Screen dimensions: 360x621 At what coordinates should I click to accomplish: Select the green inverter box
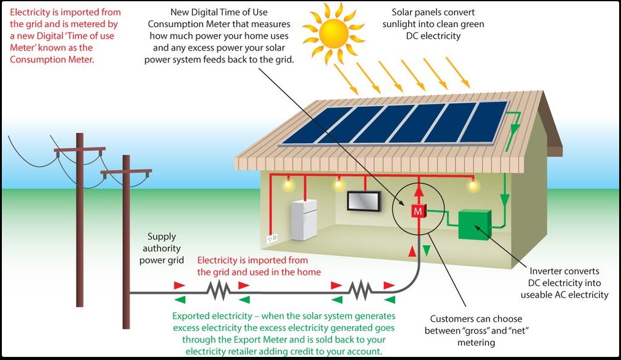pos(474,224)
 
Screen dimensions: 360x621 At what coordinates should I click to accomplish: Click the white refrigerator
pos(304,219)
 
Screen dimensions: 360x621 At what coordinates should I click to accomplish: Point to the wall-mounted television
pos(363,201)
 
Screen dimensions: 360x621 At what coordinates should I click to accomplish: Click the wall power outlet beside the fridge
pos(272,237)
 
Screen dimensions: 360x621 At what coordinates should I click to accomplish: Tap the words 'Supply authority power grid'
pos(162,248)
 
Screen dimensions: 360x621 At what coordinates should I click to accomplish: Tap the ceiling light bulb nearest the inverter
pos(473,185)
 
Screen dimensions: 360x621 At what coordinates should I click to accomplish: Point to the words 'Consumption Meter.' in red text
pos(52,60)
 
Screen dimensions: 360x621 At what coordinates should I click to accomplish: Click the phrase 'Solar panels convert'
pos(436,12)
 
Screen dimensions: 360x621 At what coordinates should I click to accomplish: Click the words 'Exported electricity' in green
pos(214,316)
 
